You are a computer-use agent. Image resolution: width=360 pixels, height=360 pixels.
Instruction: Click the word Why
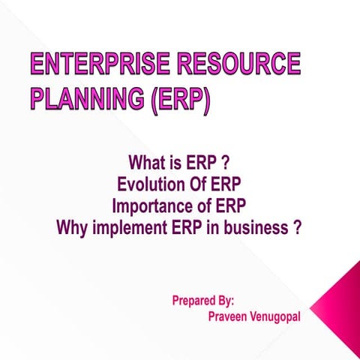coord(72,227)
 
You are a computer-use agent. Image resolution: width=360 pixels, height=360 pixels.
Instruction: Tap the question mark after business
coord(297,227)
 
